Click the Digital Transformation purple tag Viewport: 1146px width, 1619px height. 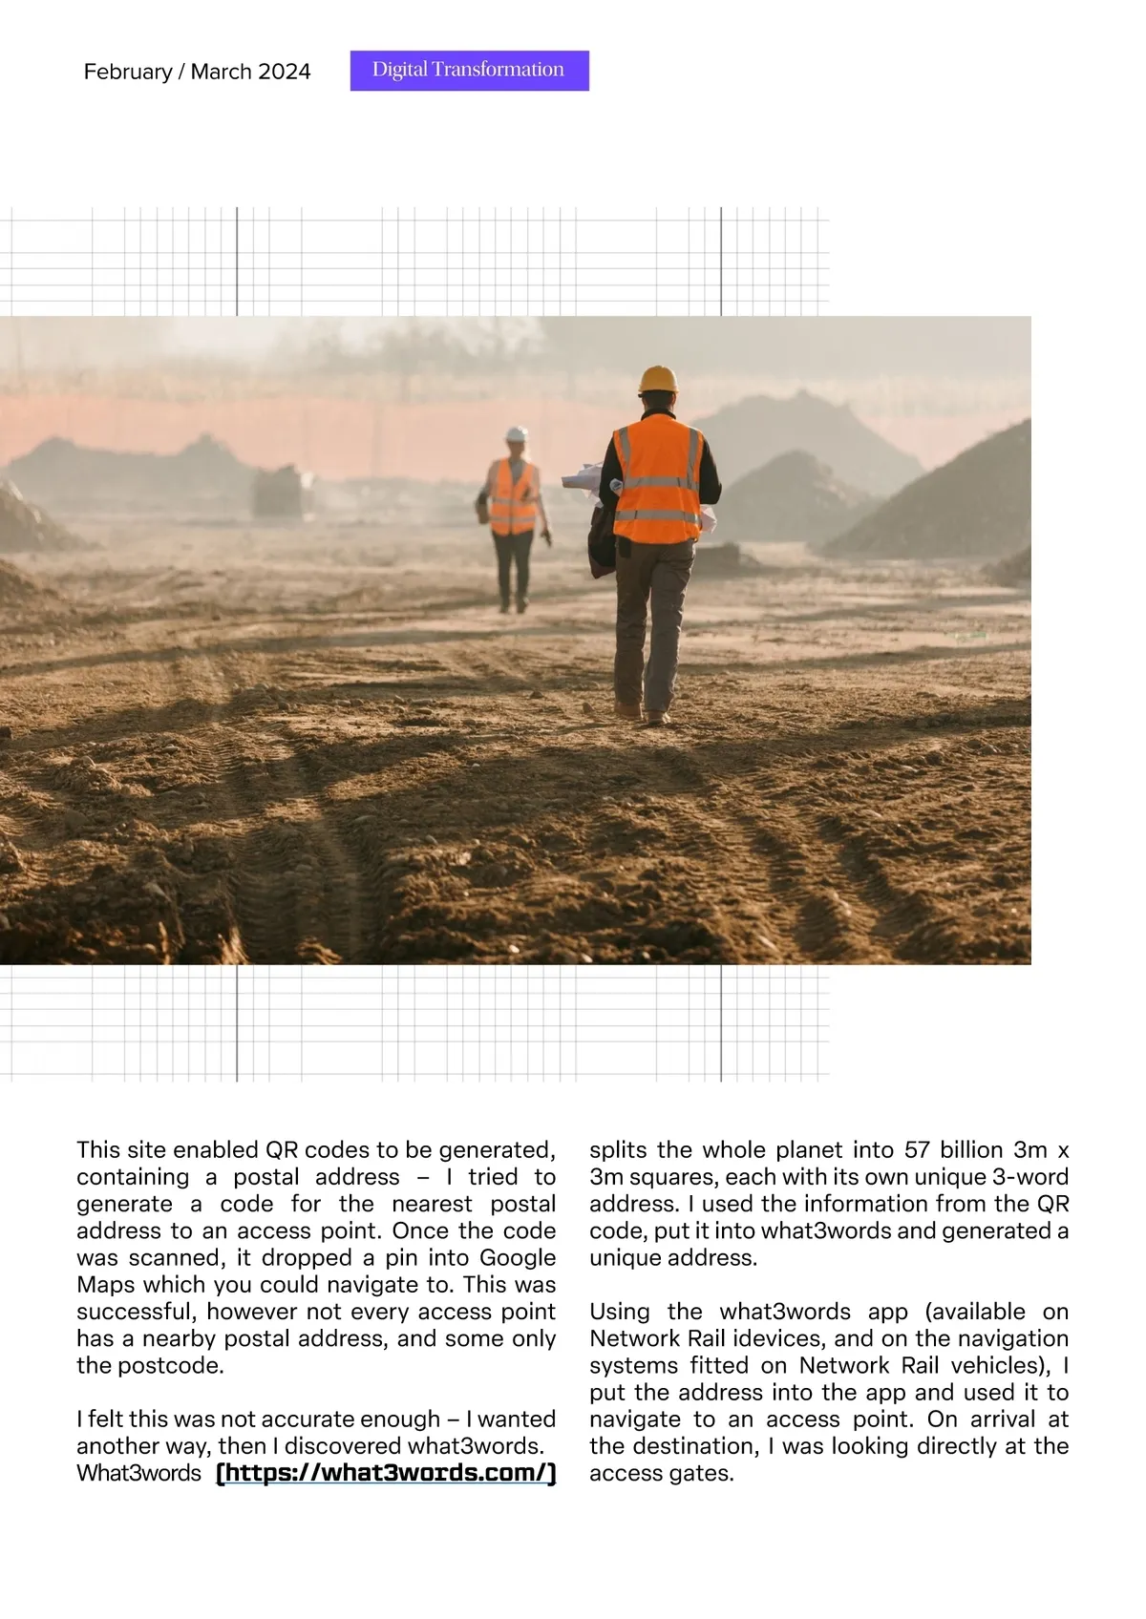pos(469,71)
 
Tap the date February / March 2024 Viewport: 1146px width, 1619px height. pos(197,72)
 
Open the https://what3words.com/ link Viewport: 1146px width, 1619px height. pos(386,1473)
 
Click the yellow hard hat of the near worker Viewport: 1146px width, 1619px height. pos(658,379)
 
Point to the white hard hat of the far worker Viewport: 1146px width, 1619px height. pos(517,434)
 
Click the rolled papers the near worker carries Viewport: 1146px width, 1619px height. pos(582,477)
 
